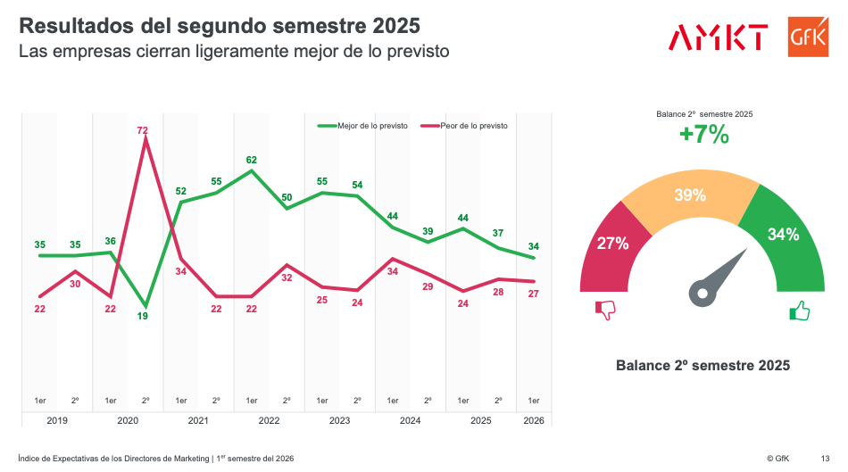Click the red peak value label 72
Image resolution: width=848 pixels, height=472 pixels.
click(x=142, y=130)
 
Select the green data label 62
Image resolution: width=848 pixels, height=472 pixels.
click(x=252, y=161)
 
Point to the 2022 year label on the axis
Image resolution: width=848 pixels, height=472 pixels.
click(x=269, y=419)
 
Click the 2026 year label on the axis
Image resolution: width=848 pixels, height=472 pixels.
click(x=534, y=419)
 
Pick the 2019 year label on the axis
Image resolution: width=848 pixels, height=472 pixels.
click(x=56, y=419)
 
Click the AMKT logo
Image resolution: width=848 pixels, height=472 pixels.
click(x=718, y=38)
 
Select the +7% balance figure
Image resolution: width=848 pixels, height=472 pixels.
click(x=704, y=136)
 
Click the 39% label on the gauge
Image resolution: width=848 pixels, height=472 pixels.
click(x=690, y=195)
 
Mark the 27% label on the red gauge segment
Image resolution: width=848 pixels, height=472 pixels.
click(x=612, y=244)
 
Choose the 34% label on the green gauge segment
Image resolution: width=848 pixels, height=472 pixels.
click(x=783, y=235)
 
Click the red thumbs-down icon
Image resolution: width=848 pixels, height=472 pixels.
click(x=605, y=310)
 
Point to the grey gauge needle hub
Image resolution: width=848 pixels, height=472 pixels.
click(x=703, y=293)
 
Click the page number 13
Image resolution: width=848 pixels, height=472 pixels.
click(x=824, y=458)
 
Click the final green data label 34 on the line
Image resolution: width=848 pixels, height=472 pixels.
click(x=534, y=246)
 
